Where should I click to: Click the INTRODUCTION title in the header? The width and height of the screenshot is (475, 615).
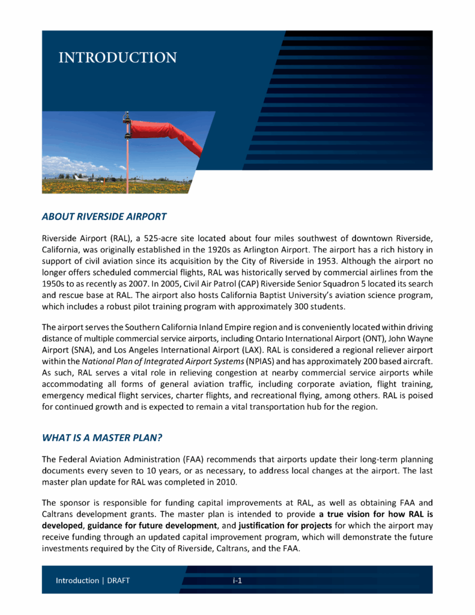(117, 58)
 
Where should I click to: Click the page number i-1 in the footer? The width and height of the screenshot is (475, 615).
(237, 581)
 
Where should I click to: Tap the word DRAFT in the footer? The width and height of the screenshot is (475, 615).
(118, 581)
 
